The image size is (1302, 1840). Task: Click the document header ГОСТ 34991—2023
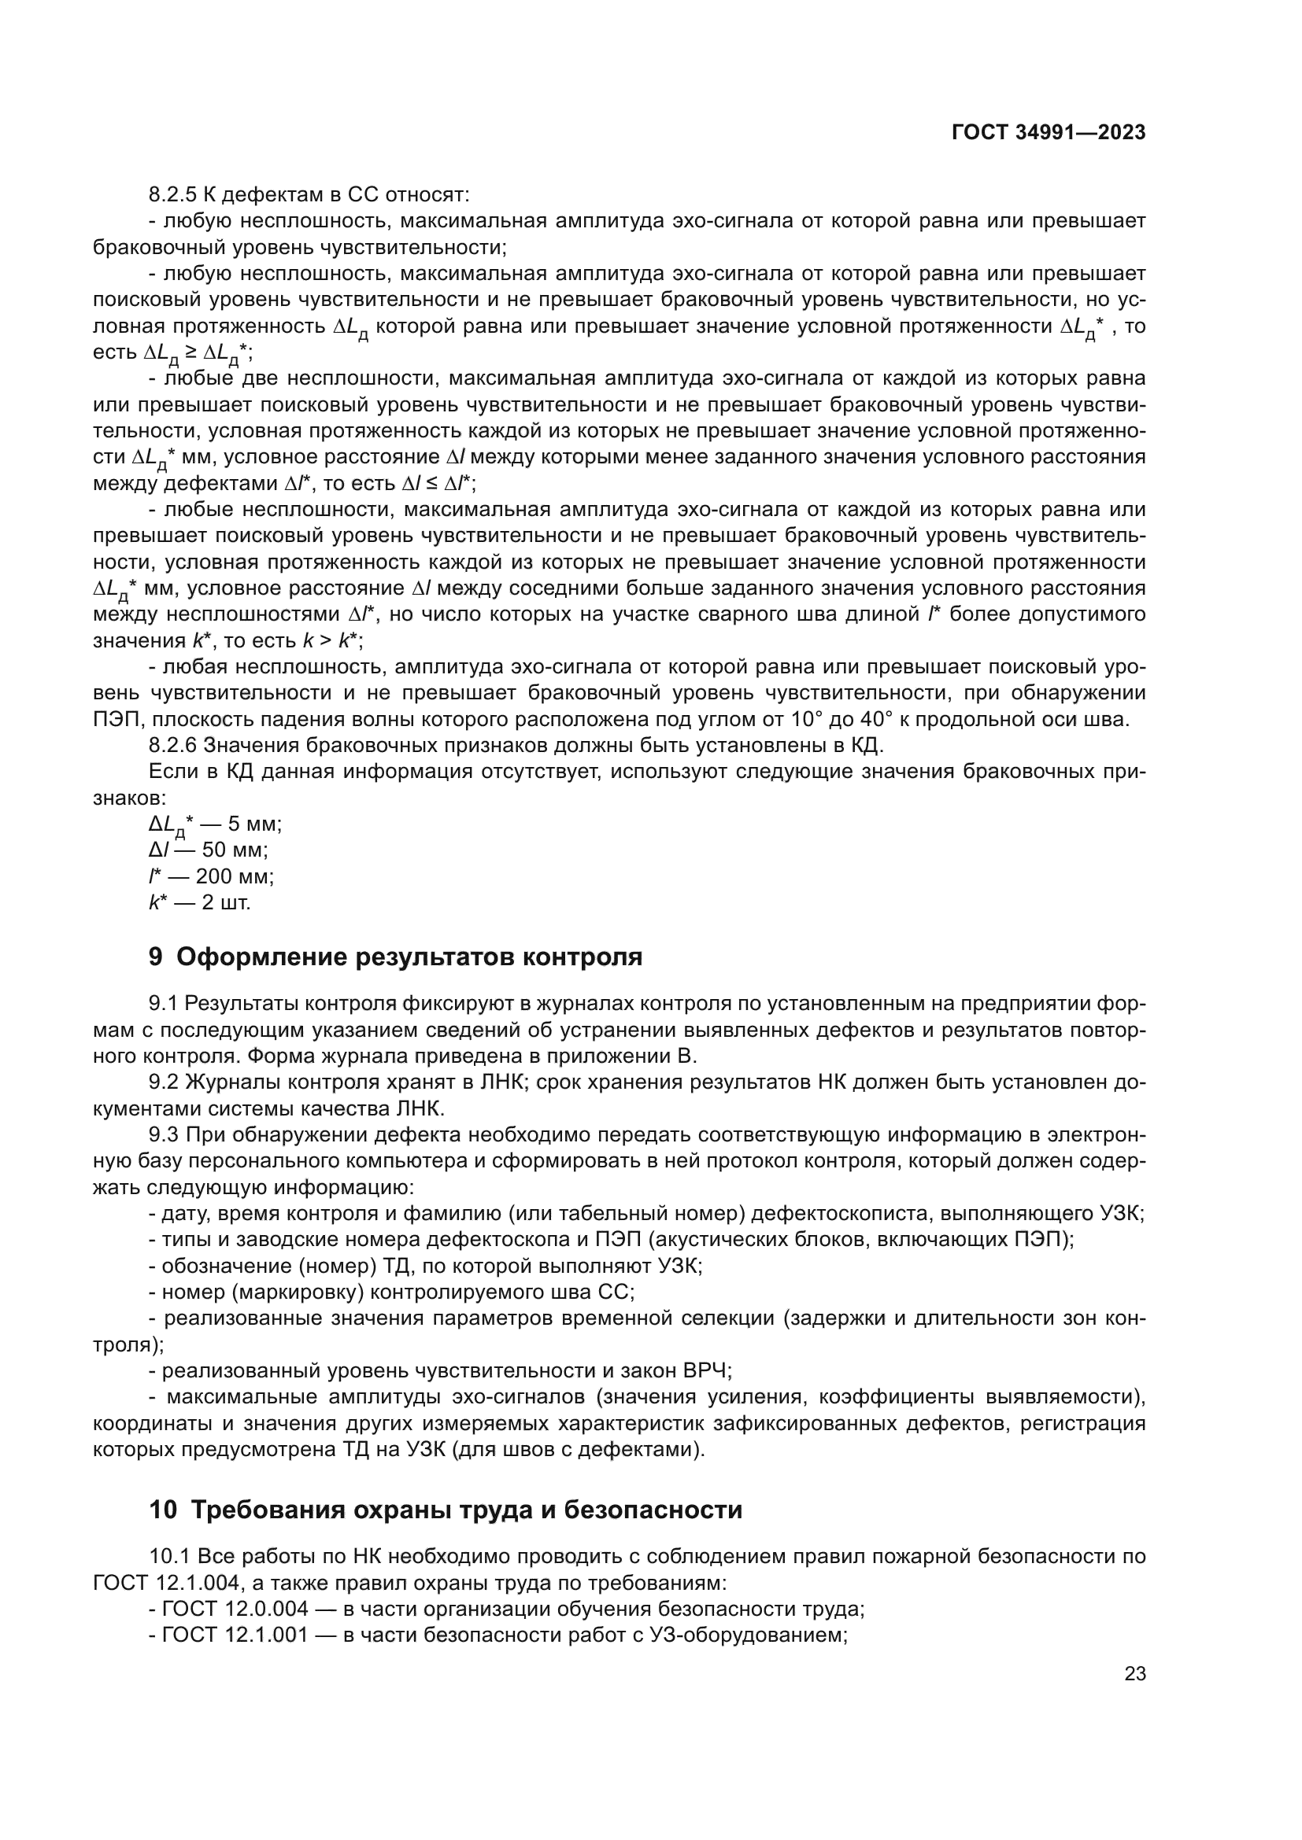point(1048,133)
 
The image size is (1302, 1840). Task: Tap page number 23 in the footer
point(1134,1673)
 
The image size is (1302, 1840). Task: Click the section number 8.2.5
point(172,195)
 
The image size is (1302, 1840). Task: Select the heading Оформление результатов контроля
point(409,957)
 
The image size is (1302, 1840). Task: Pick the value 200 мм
point(234,876)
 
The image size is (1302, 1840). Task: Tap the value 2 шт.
point(226,902)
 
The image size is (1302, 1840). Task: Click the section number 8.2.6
point(172,745)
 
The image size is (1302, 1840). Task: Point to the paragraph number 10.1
point(169,1556)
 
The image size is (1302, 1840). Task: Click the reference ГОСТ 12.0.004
point(235,1609)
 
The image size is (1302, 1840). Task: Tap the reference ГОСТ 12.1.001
point(235,1635)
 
